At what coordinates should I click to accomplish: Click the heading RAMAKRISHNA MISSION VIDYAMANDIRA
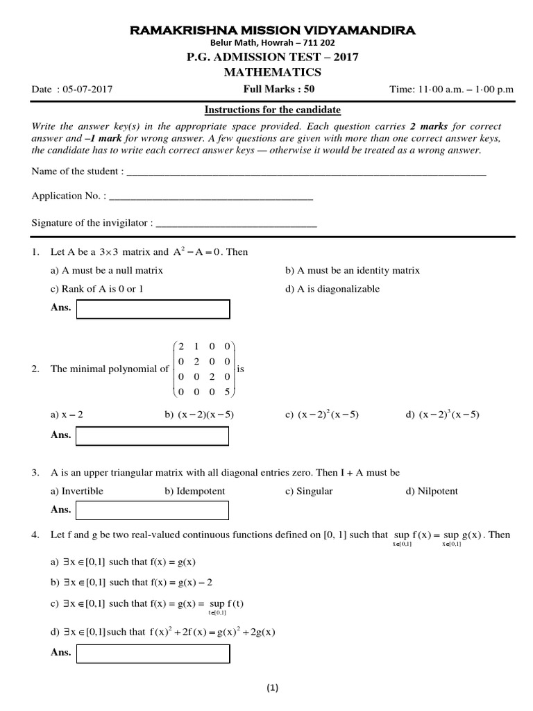[x=266, y=30]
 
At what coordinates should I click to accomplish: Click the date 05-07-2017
[x=87, y=89]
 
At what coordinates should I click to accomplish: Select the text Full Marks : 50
[x=273, y=89]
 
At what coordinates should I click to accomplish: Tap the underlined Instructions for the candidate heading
[x=272, y=110]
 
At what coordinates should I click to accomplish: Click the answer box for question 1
[x=152, y=308]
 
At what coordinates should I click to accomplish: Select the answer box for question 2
[x=152, y=436]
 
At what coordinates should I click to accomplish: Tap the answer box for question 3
[x=152, y=510]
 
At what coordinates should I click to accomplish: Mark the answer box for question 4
[x=152, y=653]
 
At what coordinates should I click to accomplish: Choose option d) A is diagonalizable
[x=332, y=289]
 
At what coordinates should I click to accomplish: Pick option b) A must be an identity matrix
[x=353, y=270]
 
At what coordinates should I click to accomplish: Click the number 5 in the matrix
[x=228, y=392]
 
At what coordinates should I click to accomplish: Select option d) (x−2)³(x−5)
[x=442, y=415]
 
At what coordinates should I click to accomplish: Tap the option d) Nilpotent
[x=432, y=491]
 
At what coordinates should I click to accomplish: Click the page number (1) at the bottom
[x=271, y=689]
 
